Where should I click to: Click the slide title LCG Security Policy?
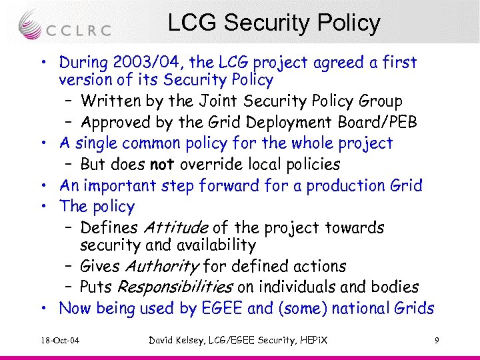273,23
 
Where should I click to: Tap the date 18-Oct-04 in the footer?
59,341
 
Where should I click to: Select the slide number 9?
436,341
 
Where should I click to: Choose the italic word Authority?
161,267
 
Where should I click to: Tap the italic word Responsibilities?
175,287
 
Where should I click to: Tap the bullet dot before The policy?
42,207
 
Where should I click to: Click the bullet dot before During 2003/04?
42,63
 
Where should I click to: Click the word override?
213,164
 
